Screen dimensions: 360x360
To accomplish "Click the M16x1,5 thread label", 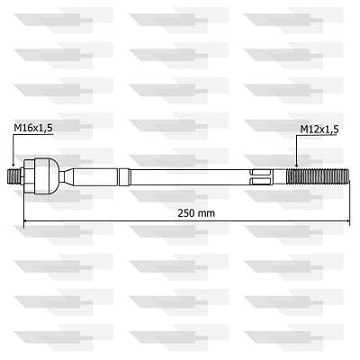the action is (x=33, y=128).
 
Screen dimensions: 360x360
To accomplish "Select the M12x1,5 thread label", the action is (x=319, y=130).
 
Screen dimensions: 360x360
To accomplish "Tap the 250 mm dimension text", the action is (x=196, y=213).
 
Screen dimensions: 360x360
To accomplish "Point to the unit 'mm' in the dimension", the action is (x=208, y=213).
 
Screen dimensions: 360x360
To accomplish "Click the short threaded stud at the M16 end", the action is (x=13, y=177).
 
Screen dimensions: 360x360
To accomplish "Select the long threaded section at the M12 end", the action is (x=318, y=177).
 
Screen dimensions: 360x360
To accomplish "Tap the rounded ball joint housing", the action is (x=47, y=176).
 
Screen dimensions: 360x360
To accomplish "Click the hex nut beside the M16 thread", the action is (x=29, y=176).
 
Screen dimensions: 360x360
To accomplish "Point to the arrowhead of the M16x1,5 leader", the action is (x=13, y=164).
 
